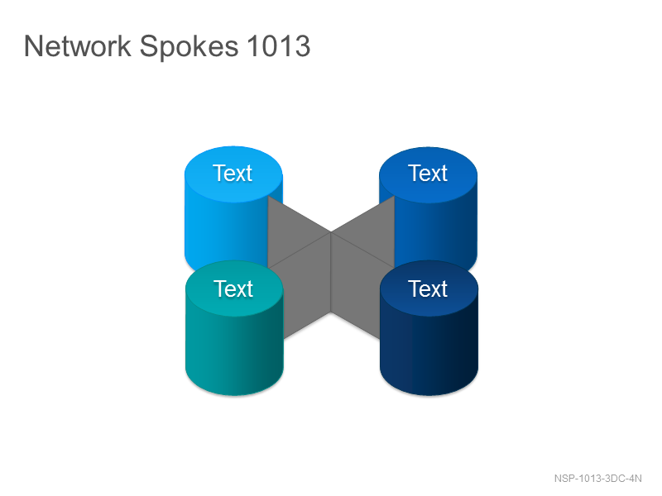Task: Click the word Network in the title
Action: (78, 45)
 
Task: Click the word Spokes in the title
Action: (189, 47)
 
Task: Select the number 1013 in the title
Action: (279, 45)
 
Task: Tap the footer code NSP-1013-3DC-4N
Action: (597, 479)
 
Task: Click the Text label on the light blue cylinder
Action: (233, 173)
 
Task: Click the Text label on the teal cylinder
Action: (233, 289)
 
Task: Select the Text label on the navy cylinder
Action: (428, 289)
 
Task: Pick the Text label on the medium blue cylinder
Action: (428, 173)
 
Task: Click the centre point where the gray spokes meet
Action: (330, 232)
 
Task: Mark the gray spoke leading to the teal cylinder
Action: (306, 287)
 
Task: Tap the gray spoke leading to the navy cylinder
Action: (356, 287)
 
